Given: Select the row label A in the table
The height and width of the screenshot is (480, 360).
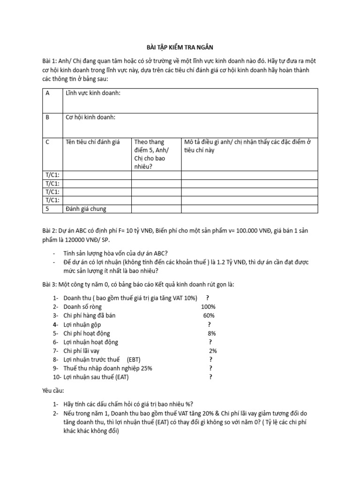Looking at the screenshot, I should click(x=47, y=93).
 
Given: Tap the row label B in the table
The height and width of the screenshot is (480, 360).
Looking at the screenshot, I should click(x=47, y=117).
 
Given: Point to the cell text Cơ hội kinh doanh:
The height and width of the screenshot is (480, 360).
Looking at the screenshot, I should click(x=90, y=117).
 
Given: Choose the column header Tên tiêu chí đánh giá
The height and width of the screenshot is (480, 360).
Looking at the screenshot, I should click(x=93, y=142).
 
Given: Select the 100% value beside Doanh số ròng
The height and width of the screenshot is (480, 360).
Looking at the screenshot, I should click(x=208, y=307).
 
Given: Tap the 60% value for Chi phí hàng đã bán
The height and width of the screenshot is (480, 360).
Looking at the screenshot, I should click(x=209, y=315).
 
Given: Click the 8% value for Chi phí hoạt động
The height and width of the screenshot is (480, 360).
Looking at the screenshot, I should click(x=212, y=333).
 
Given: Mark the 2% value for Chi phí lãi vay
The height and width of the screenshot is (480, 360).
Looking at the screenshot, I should click(x=213, y=351).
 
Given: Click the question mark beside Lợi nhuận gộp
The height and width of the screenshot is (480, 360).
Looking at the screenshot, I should click(x=209, y=324).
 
